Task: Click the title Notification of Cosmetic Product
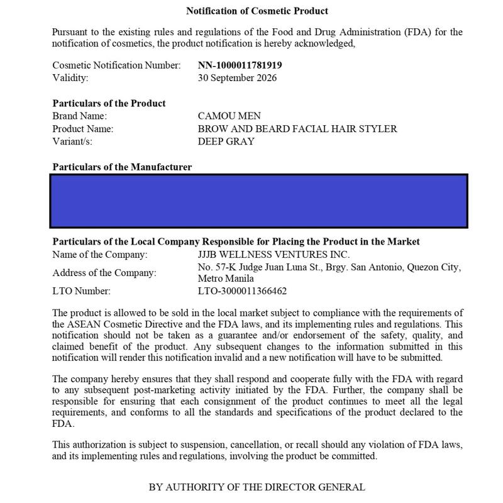coord(257,11)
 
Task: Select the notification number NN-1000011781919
coord(240,65)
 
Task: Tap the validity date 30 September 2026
coord(237,78)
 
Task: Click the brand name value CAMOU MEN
coord(229,116)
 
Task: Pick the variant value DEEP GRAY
coord(226,141)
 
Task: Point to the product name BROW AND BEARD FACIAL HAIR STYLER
coord(297,129)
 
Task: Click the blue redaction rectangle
coord(258,201)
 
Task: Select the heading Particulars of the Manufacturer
coord(122,167)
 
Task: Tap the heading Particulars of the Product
coord(109,103)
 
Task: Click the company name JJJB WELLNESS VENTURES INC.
coord(274,255)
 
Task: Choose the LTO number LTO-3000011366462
coord(242,291)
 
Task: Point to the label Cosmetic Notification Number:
coord(116,65)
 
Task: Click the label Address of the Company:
coord(104,273)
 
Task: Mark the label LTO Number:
coord(81,291)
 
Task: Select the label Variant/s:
coord(72,141)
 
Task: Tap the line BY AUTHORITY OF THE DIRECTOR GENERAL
coord(257,487)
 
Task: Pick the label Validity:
coord(70,78)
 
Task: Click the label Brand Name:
coord(80,116)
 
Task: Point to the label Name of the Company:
coord(99,255)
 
